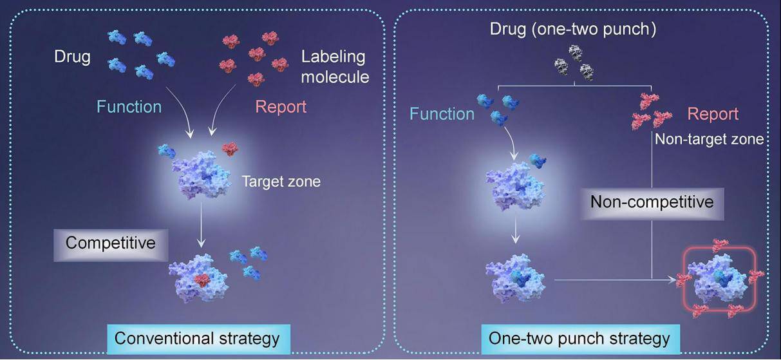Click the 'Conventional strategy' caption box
[197, 338]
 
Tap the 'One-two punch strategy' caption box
[579, 338]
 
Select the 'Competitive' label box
[111, 243]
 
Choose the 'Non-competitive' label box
[652, 202]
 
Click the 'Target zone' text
[281, 182]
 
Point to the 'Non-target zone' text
[709, 138]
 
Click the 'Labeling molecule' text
[335, 66]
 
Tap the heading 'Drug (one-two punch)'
[573, 30]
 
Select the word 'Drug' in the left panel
[72, 57]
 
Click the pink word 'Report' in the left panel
[281, 106]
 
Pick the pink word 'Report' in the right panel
[712, 114]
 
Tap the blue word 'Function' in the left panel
[129, 106]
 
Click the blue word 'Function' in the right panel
[442, 114]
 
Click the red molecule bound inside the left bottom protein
[203, 280]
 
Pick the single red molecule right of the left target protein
[230, 149]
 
